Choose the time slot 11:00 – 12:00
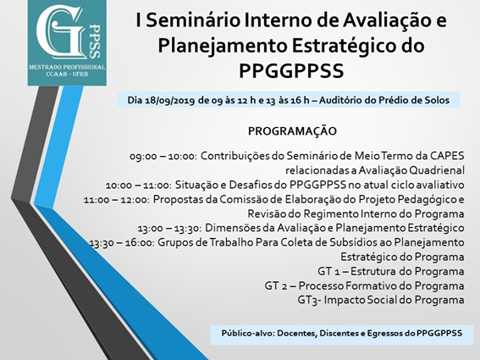[x=116, y=200]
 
